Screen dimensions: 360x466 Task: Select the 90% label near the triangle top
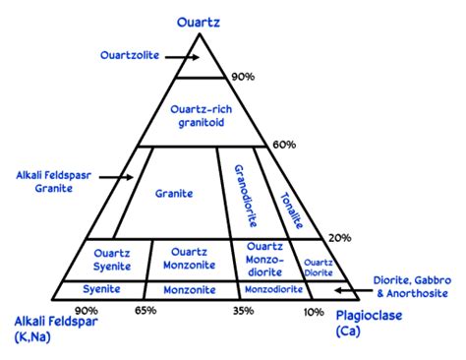coord(242,77)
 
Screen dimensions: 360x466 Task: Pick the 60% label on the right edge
coord(284,145)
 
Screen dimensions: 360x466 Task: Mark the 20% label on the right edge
coord(339,237)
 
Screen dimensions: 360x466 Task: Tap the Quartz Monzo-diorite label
coord(265,259)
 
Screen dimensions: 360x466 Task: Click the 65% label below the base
coord(146,311)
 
